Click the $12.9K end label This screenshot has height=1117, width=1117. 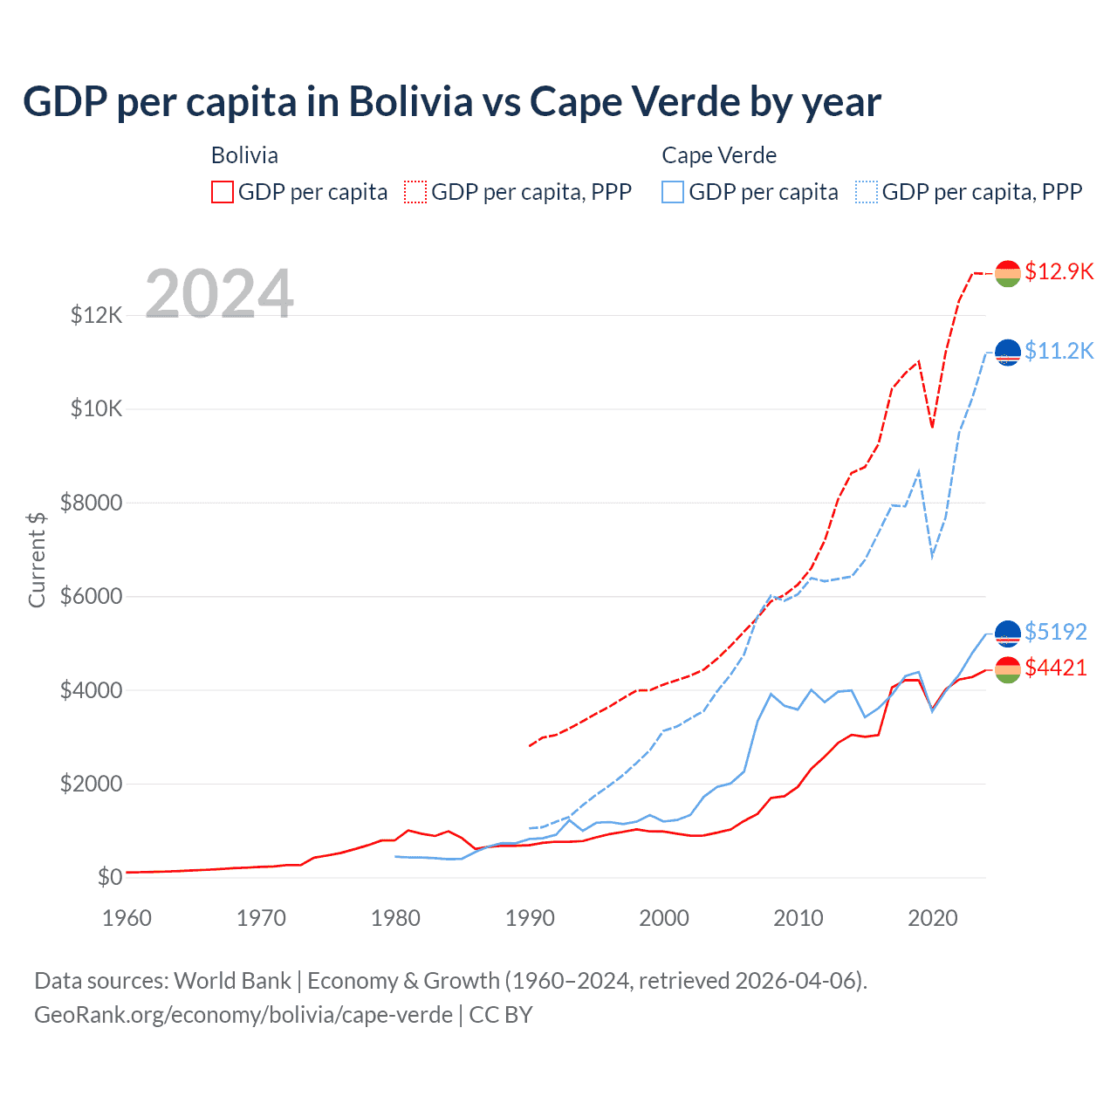tap(1059, 271)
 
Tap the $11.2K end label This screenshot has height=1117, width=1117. tap(1059, 351)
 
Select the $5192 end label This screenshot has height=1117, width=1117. tap(1056, 632)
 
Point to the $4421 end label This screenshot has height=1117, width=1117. tap(1056, 668)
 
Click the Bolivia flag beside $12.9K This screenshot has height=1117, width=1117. tap(1008, 273)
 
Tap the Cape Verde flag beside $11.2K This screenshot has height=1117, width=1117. tap(1008, 352)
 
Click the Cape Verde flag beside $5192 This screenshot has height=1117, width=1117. tap(1008, 634)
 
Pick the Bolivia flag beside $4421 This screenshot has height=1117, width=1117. tap(1008, 669)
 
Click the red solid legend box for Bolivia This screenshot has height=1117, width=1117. tap(223, 192)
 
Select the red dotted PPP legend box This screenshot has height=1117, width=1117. tap(415, 192)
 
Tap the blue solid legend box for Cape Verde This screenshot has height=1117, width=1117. tap(673, 192)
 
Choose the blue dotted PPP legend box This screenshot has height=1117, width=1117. tap(867, 192)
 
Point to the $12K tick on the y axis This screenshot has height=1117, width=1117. tap(97, 315)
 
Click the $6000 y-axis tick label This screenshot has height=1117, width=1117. tap(92, 597)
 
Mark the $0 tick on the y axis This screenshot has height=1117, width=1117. tap(110, 877)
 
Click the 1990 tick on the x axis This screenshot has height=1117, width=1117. tap(530, 918)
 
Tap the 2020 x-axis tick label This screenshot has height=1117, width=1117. tap(933, 918)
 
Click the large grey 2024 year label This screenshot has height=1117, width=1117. tap(219, 294)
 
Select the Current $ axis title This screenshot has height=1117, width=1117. tap(37, 559)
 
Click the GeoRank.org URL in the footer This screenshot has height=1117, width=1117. tap(243, 1015)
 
